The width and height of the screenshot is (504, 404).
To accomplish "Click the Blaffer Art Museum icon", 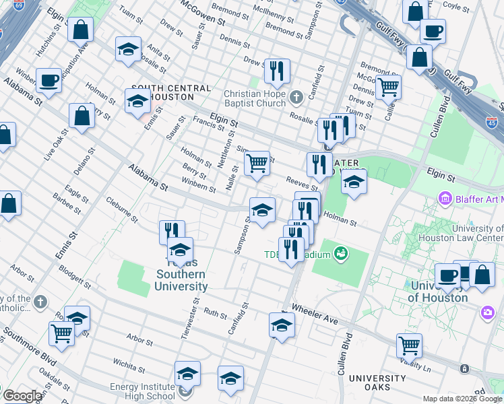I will [444, 199].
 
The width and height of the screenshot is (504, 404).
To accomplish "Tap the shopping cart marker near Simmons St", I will [257, 164].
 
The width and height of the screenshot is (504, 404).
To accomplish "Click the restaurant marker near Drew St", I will [277, 70].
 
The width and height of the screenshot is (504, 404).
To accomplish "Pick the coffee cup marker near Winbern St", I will [49, 80].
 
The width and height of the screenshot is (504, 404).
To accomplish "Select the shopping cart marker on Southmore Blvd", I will [61, 333].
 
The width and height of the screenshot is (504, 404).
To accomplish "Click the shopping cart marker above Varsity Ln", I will [409, 345].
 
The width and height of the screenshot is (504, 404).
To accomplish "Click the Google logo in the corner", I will [22, 396].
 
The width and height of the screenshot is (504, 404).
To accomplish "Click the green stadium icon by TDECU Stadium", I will [341, 254].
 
